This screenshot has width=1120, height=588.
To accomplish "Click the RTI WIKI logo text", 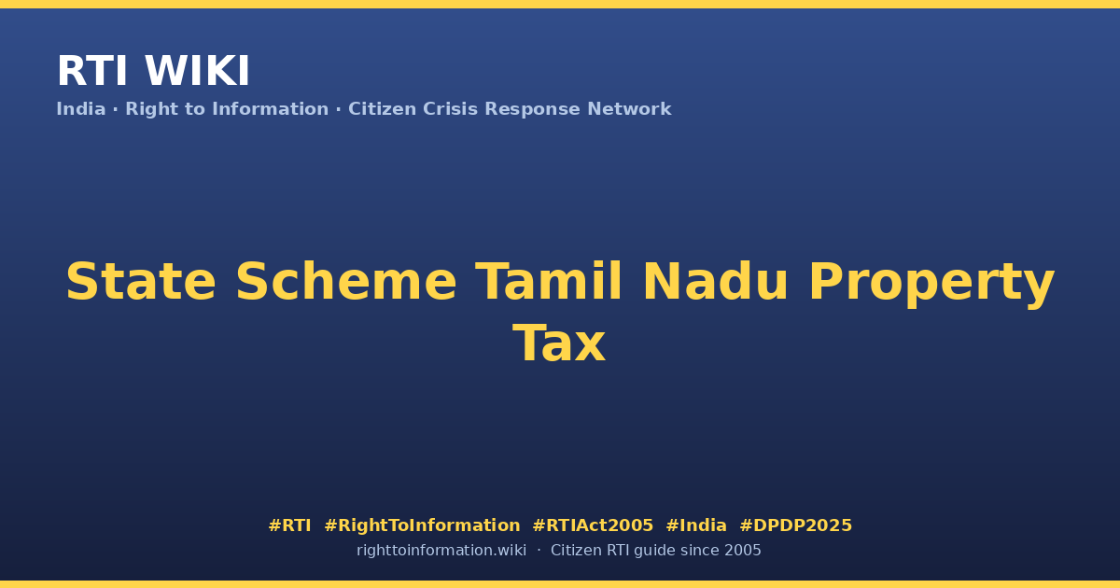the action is pyautogui.click(x=153, y=71).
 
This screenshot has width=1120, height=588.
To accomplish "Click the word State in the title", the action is pyautogui.click(x=141, y=282).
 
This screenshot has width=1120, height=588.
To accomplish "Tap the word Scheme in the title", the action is pyautogui.click(x=346, y=282).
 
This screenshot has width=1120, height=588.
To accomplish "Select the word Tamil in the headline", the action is pyautogui.click(x=549, y=281).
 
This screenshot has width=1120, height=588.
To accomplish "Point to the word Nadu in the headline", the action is pyautogui.click(x=716, y=281).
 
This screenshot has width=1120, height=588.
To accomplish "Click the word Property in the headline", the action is pyautogui.click(x=931, y=284).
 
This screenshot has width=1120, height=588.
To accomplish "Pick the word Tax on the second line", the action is pyautogui.click(x=559, y=343).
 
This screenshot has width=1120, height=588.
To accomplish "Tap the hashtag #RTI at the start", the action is pyautogui.click(x=289, y=525).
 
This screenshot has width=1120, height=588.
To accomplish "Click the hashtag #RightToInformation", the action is pyautogui.click(x=422, y=525).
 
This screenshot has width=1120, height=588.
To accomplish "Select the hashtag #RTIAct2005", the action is pyautogui.click(x=593, y=525).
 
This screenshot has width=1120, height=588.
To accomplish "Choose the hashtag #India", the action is pyautogui.click(x=696, y=525).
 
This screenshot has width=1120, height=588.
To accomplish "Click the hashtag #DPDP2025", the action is pyautogui.click(x=795, y=525).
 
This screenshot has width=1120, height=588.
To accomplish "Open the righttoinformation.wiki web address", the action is pyautogui.click(x=441, y=551).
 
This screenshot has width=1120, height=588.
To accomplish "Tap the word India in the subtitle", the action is pyautogui.click(x=81, y=109).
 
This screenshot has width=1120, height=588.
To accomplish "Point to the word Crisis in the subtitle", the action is pyautogui.click(x=450, y=109).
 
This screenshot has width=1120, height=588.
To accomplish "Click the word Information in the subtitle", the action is pyautogui.click(x=271, y=109).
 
